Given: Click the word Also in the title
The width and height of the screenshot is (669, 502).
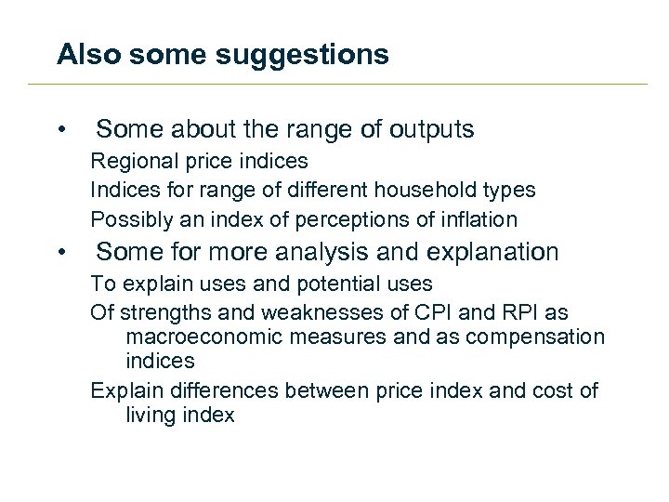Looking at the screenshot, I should point(89,55).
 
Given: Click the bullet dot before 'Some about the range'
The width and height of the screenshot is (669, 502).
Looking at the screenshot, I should point(61,129).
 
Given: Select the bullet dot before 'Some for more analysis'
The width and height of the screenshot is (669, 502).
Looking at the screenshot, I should point(61,253).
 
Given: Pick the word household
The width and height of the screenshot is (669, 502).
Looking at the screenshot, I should point(420,191).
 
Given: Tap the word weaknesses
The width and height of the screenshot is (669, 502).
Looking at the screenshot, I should point(313,312).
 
